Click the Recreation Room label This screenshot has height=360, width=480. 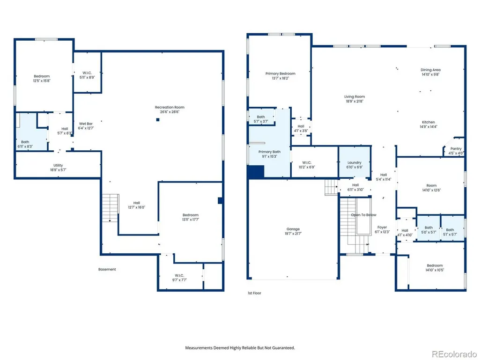point(170,107)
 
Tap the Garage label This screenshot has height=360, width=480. point(293,229)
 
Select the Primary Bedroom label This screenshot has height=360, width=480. point(281,73)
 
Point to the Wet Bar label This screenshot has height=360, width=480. point(86,124)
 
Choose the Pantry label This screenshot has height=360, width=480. point(456,148)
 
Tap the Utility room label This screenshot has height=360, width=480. point(58,165)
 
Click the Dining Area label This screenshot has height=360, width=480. point(430,70)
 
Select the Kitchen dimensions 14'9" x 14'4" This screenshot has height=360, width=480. point(428,127)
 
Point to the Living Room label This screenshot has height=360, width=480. point(354,96)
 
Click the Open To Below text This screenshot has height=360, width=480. point(364,215)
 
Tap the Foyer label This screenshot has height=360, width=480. point(382,227)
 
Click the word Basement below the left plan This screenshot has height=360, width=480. point(107,269)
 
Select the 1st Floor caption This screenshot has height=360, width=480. point(254,293)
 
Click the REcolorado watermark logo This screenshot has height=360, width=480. point(454,354)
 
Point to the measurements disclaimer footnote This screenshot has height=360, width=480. point(240,348)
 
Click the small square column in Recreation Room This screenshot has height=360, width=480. point(158,120)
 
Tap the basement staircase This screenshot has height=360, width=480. point(110,208)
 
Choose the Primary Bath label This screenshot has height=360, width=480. point(269,152)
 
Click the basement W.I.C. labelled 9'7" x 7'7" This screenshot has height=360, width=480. point(179,278)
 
